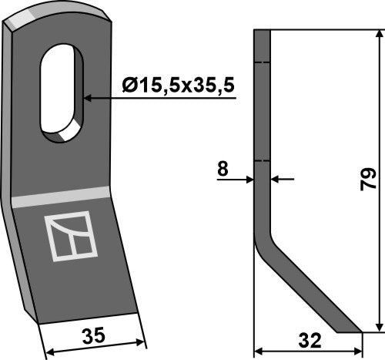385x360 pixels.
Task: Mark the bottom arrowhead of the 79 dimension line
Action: click(377, 328)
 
